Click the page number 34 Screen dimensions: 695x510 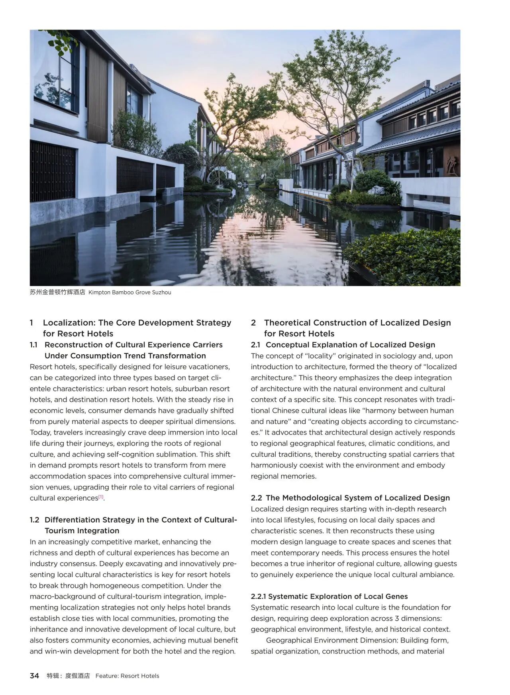click(x=34, y=675)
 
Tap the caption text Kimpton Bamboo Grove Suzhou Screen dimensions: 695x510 click(x=129, y=292)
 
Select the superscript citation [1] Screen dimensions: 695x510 click(x=101, y=497)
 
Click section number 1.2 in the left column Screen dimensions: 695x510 click(x=34, y=520)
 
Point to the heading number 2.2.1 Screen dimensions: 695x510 click(x=259, y=596)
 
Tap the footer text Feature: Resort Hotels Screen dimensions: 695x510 click(x=127, y=675)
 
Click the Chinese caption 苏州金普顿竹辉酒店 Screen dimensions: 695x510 click(x=57, y=292)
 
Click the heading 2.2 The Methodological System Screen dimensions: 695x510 click(x=350, y=498)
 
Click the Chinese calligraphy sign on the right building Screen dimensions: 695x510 click(x=451, y=163)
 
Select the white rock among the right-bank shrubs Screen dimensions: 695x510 click(x=375, y=190)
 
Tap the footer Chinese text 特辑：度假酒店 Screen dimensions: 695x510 click(x=68, y=675)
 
